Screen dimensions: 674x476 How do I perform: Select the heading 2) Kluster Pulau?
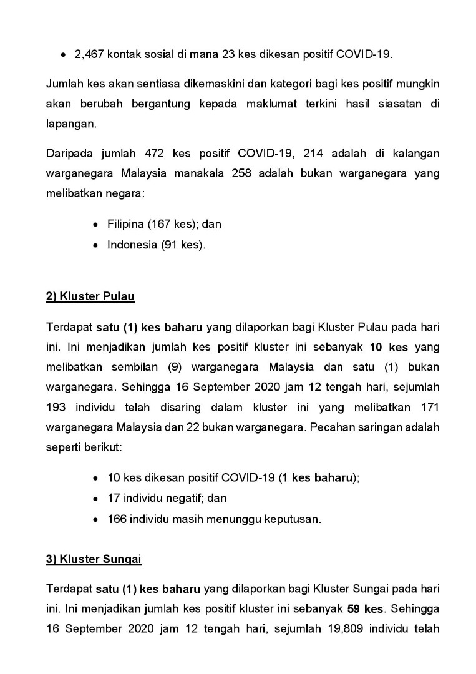90,296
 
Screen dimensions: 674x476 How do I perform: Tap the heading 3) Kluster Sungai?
94,559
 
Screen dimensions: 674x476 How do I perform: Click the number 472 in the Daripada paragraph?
154,154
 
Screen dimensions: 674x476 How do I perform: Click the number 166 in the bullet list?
117,519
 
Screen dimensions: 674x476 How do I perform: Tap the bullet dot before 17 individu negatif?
95,498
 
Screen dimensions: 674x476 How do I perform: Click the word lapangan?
70,124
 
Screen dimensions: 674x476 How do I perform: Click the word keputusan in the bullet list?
295,519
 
